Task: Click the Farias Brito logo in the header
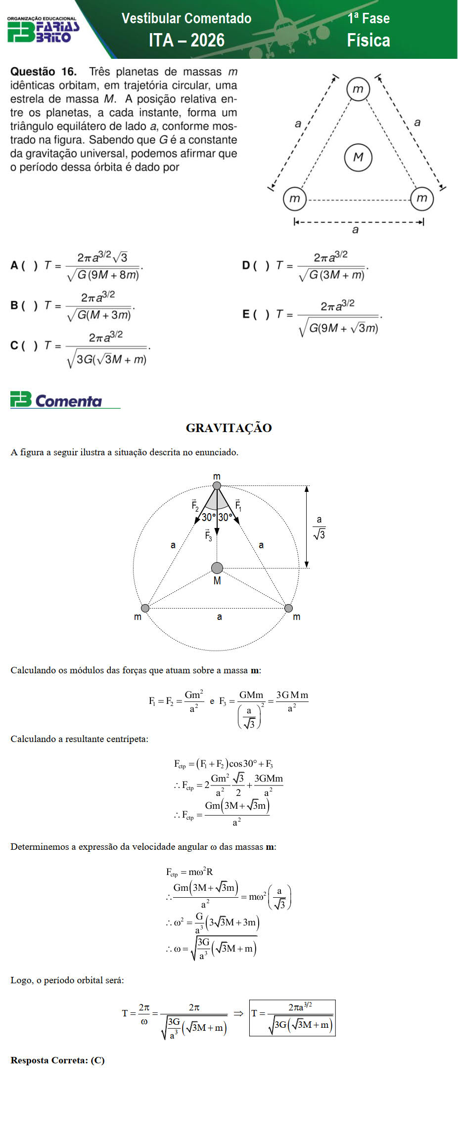click(x=43, y=30)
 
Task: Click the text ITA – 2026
click(x=186, y=40)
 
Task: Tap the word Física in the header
click(x=368, y=41)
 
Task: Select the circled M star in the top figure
click(x=358, y=157)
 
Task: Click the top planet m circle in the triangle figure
click(x=358, y=89)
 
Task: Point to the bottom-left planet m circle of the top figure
click(x=295, y=199)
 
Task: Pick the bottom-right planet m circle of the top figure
click(x=422, y=198)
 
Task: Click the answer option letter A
click(x=14, y=265)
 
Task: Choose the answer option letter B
click(x=14, y=306)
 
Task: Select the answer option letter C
click(x=14, y=346)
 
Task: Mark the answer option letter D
click(x=246, y=265)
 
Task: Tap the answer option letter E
click(x=246, y=314)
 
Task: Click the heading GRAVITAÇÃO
click(x=229, y=428)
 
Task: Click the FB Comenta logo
click(x=56, y=400)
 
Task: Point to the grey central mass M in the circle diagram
click(x=217, y=568)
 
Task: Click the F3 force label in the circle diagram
click(x=208, y=535)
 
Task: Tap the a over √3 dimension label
click(x=319, y=527)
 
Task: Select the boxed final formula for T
click(x=292, y=1017)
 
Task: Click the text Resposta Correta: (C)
click(x=57, y=1060)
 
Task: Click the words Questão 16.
click(x=44, y=72)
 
